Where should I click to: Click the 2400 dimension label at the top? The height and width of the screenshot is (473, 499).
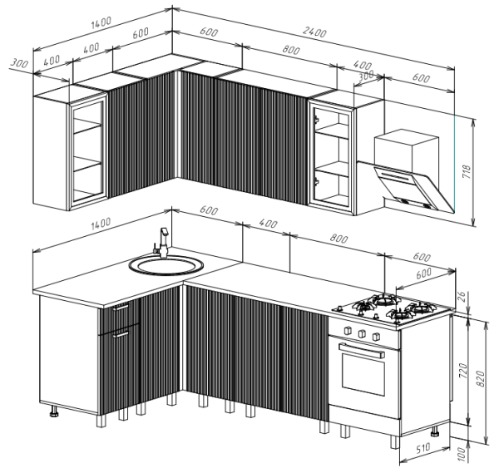(314, 32)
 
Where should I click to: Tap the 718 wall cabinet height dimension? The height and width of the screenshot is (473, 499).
(467, 172)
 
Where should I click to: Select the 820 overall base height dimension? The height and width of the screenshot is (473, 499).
(481, 379)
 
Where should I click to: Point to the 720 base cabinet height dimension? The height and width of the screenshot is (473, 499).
(463, 371)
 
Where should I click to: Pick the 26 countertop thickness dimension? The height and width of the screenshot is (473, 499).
(462, 297)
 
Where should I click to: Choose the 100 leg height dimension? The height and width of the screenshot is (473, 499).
(463, 454)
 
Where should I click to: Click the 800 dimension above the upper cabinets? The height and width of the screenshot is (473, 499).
(291, 50)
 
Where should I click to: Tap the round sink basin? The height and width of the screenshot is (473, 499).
(166, 265)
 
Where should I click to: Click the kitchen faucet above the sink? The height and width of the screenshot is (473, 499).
(162, 243)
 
